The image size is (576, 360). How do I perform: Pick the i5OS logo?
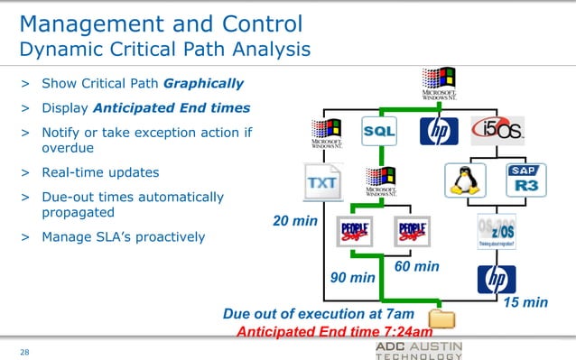497,132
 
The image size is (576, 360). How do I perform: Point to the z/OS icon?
497,232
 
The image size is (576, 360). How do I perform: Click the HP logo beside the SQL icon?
439,132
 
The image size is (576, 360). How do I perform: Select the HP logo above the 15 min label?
497,279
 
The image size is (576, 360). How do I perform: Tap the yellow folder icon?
441,317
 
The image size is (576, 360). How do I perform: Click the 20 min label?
295,221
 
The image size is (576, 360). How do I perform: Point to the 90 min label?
352,279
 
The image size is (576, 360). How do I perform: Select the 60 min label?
416,266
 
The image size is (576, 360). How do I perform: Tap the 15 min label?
525,302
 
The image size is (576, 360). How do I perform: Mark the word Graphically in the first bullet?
203,84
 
